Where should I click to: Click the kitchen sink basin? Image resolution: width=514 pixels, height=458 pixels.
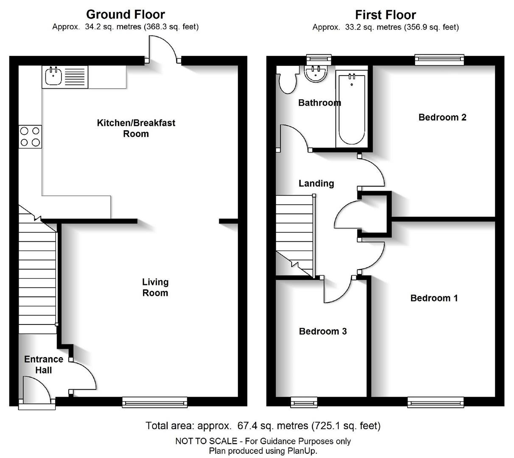pos(53,76)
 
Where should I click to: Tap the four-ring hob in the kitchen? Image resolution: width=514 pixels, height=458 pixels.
pos(30,137)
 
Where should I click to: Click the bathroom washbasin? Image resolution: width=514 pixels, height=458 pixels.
pos(316,74)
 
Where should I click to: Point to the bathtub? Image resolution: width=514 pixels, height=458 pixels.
pos(352,108)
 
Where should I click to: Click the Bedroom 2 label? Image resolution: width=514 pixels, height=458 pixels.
pos(442,117)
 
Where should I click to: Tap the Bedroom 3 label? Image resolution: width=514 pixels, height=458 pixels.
pos(323,331)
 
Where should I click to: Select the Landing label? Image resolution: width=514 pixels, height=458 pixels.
pos(316,183)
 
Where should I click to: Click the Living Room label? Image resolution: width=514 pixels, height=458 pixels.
pos(155,287)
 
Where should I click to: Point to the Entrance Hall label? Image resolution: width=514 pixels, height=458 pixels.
pos(44,365)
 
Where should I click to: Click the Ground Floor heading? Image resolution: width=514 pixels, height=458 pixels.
pos(126,14)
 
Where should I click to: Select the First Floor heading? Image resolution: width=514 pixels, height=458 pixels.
pos(385,15)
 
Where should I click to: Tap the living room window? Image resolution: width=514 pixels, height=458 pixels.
pos(155,402)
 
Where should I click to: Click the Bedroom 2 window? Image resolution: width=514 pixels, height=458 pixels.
pos(439,60)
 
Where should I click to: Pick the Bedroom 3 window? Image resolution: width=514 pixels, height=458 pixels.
pos(304,402)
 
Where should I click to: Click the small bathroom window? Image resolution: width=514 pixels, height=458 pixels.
pos(319,60)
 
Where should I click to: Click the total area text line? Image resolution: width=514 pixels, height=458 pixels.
pos(263,425)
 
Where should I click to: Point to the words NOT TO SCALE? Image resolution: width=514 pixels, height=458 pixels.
pos(206,441)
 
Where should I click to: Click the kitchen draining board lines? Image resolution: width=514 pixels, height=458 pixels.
pos(75,77)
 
